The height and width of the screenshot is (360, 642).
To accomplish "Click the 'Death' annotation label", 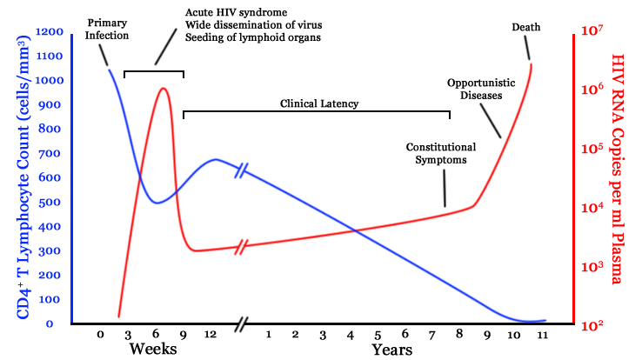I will coord(525,27).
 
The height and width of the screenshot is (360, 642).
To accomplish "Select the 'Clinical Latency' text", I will coord(319,103).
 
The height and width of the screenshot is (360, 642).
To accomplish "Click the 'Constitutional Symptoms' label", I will coord(441,153).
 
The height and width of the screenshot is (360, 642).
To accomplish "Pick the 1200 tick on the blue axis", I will coord(49,32).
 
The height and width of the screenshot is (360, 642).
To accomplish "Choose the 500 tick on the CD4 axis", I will coord(52,203).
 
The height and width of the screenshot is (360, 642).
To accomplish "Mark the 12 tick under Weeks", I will coord(210,335).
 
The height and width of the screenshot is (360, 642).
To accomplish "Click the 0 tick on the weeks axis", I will coord(100,335).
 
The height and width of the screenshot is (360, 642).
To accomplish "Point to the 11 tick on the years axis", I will coord(541,335).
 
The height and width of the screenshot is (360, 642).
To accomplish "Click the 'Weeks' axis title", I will coord(153,350).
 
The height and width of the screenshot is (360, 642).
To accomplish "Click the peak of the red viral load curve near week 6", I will coord(163,88).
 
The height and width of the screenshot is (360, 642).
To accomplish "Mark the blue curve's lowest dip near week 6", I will coord(156,203).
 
